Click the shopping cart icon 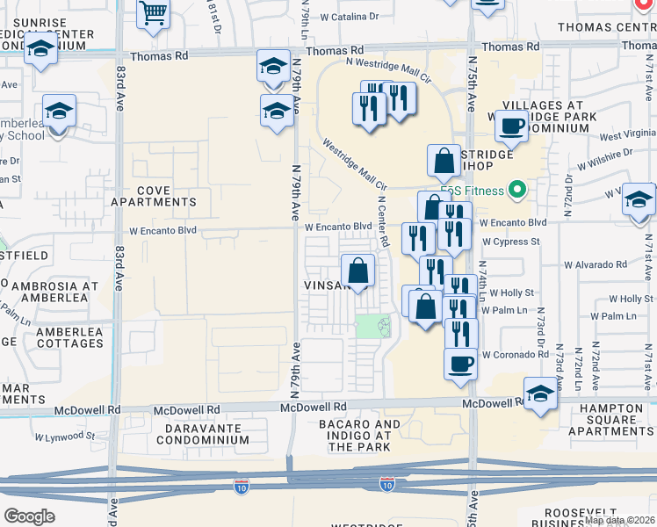[154, 13]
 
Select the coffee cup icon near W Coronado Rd [459, 363]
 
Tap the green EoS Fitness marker [517, 190]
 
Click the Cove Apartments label [154, 196]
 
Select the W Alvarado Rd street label [596, 263]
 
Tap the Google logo [29, 516]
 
